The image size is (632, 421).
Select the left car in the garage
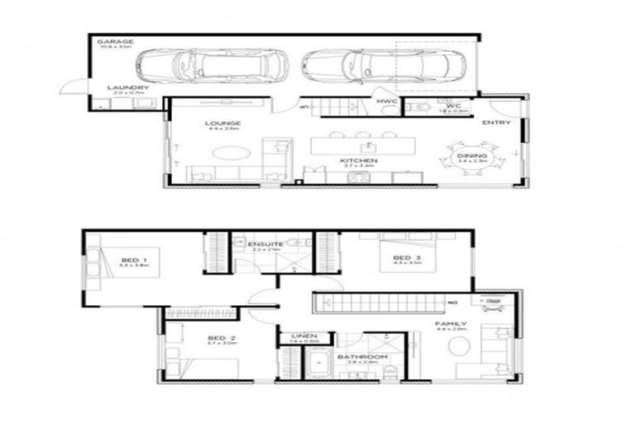click(211, 63)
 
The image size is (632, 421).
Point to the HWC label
click(387, 101)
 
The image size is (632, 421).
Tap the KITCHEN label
click(362, 160)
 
